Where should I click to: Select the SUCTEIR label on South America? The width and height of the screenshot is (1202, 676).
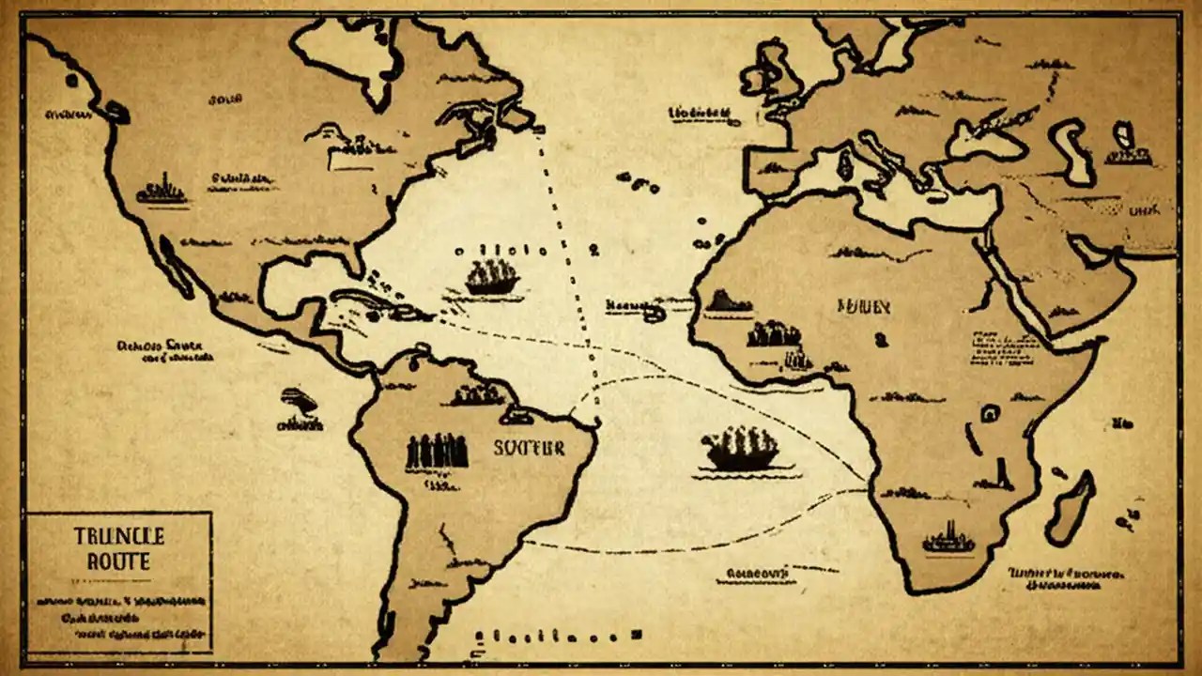click(529, 448)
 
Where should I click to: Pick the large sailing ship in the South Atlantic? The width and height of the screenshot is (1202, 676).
click(742, 449)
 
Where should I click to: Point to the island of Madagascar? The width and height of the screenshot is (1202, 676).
click(1072, 508)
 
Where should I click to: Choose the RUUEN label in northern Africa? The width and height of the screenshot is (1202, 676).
click(863, 305)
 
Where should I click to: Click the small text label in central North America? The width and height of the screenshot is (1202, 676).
click(241, 177)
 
